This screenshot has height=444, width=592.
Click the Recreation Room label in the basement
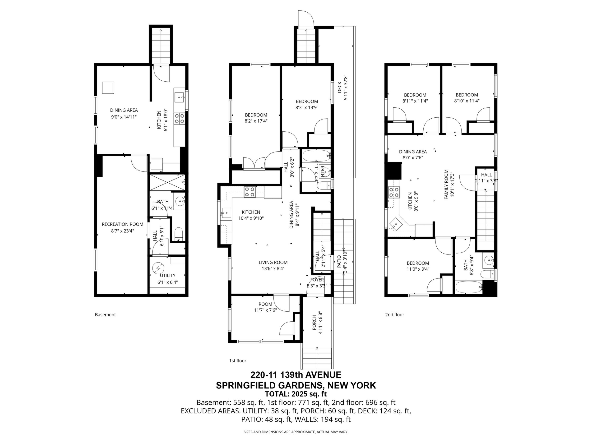pyautogui.click(x=123, y=224)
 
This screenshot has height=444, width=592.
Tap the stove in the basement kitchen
pyautogui.click(x=179, y=119)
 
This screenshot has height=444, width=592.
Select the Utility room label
pyautogui.click(x=167, y=275)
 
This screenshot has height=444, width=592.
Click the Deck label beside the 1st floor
pyautogui.click(x=339, y=87)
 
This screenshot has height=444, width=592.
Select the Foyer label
pyautogui.click(x=317, y=280)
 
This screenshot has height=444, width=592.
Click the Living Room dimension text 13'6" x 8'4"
pyautogui.click(x=273, y=268)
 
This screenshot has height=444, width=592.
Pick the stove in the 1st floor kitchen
pyautogui.click(x=250, y=192)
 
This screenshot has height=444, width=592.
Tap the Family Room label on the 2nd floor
pyautogui.click(x=446, y=184)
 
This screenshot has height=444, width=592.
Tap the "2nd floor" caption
pyautogui.click(x=395, y=315)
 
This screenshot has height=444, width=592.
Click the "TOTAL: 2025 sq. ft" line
pyautogui.click(x=296, y=394)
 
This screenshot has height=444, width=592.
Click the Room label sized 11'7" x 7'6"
pyautogui.click(x=265, y=304)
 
